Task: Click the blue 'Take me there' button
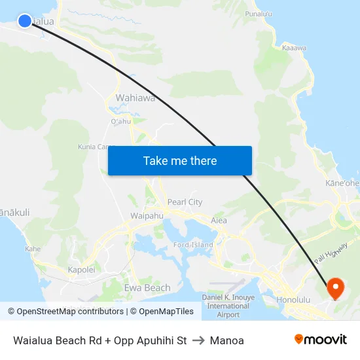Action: (179, 160)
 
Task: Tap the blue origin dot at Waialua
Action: (25, 21)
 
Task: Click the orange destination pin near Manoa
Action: (334, 287)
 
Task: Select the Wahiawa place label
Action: (135, 98)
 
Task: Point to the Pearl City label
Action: (185, 202)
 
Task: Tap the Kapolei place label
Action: (82, 269)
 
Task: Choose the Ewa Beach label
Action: (147, 287)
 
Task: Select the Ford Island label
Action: (193, 245)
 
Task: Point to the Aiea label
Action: (219, 221)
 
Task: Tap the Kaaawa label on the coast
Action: (294, 47)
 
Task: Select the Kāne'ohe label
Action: (342, 184)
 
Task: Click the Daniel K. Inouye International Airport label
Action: (228, 306)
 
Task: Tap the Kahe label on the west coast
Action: (33, 249)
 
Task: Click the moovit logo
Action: (321, 340)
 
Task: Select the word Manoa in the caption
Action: (226, 340)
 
